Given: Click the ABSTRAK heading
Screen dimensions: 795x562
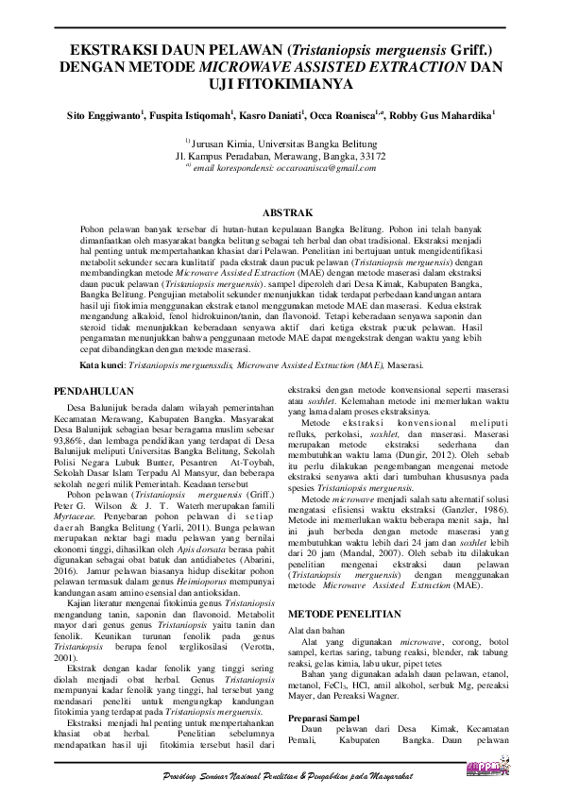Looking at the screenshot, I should [281, 215].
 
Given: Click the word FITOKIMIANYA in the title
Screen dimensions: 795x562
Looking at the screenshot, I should [300, 84].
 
